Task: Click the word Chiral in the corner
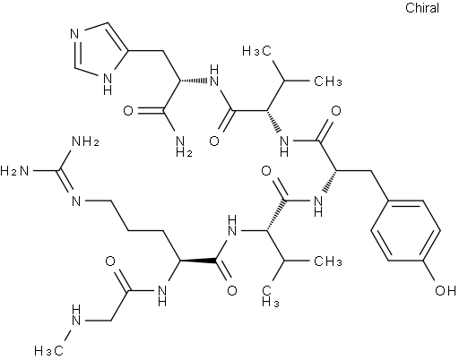(x=422, y=8)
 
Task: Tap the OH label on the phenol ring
(x=446, y=290)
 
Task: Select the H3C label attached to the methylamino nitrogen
(x=49, y=350)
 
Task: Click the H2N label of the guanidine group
(x=14, y=171)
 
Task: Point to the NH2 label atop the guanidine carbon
(x=85, y=141)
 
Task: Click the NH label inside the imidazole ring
(x=108, y=84)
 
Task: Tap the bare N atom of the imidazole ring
(x=74, y=34)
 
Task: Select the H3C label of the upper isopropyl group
(x=256, y=51)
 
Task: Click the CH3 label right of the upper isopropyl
(x=327, y=81)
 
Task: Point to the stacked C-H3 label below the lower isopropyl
(x=271, y=296)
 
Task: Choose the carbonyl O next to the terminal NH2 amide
(x=128, y=111)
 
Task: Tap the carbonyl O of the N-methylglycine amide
(x=110, y=261)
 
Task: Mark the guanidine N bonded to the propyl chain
(x=77, y=201)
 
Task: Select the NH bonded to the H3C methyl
(x=77, y=316)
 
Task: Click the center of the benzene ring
(x=405, y=230)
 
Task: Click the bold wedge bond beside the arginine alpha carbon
(x=198, y=261)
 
